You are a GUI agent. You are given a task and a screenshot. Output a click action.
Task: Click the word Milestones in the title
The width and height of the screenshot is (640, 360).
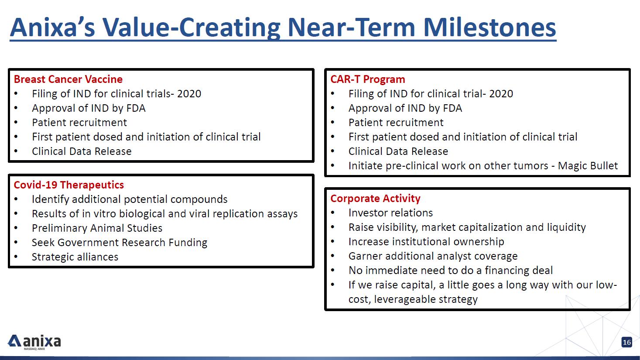tap(489, 28)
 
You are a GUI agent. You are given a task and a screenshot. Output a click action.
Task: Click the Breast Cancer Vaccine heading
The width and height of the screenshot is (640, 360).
tap(68, 79)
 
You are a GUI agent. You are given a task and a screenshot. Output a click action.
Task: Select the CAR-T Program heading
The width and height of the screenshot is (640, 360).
tap(368, 79)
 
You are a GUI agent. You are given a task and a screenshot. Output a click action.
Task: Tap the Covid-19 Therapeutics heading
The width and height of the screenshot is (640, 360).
tap(68, 185)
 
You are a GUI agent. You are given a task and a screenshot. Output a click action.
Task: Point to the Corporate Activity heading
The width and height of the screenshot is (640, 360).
tap(376, 198)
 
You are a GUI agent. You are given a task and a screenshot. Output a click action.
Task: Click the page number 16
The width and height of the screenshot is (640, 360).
tap(627, 342)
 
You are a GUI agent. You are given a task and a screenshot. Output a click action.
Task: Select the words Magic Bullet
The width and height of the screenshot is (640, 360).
tap(588, 166)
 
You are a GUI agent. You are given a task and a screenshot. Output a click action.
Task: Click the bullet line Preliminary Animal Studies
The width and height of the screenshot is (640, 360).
tap(97, 228)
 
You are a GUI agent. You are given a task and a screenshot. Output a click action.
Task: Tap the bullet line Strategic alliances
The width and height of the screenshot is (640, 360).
tap(75, 257)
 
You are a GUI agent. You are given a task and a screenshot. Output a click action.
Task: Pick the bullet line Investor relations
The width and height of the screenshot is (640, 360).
tap(390, 213)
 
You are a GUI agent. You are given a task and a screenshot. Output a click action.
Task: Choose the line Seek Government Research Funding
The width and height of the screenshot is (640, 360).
tap(120, 243)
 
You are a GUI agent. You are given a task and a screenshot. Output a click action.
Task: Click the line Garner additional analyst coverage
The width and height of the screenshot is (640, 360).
tap(433, 256)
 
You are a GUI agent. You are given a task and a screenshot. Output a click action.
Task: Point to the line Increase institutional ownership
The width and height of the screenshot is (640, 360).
tap(426, 242)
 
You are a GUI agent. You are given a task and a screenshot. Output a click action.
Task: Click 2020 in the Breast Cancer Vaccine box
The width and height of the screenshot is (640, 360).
tap(189, 94)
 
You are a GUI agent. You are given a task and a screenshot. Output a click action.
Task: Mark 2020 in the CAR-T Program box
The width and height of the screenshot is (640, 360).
tap(501, 94)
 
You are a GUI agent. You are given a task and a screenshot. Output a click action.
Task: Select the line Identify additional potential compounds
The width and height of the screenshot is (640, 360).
tap(130, 199)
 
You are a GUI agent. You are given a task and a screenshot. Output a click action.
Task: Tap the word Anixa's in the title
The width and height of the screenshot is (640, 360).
tap(52, 28)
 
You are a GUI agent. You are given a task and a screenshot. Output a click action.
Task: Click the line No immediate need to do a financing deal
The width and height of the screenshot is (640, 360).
tap(451, 270)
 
